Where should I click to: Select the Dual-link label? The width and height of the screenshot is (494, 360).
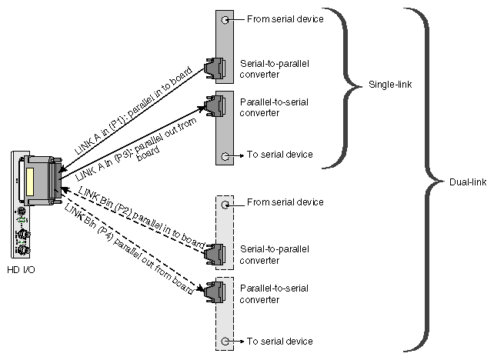click(x=465, y=182)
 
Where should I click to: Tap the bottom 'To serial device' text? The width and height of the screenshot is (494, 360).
click(x=279, y=341)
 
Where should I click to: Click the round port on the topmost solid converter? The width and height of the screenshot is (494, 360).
click(x=224, y=19)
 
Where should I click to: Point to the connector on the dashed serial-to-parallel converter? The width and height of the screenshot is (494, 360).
click(x=219, y=254)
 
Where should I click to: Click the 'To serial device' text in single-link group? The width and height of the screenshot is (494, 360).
click(x=279, y=155)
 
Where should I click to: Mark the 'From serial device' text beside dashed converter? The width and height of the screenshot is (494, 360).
click(x=285, y=203)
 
